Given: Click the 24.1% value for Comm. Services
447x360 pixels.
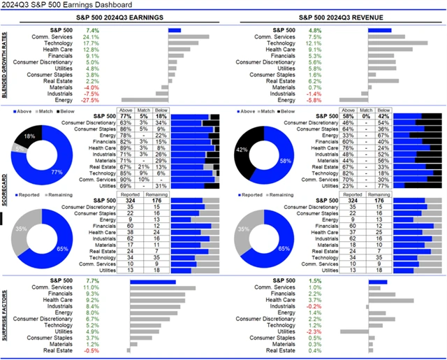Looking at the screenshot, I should click(x=91, y=36).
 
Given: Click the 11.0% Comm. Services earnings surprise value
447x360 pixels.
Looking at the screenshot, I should click(x=91, y=288).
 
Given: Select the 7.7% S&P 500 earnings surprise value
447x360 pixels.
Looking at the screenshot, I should click(x=91, y=282).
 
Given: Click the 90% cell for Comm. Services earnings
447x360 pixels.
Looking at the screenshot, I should click(x=126, y=179).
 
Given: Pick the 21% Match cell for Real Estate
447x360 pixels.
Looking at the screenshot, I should click(x=144, y=167).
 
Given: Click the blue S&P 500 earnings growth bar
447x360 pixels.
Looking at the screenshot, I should click(x=175, y=30).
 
